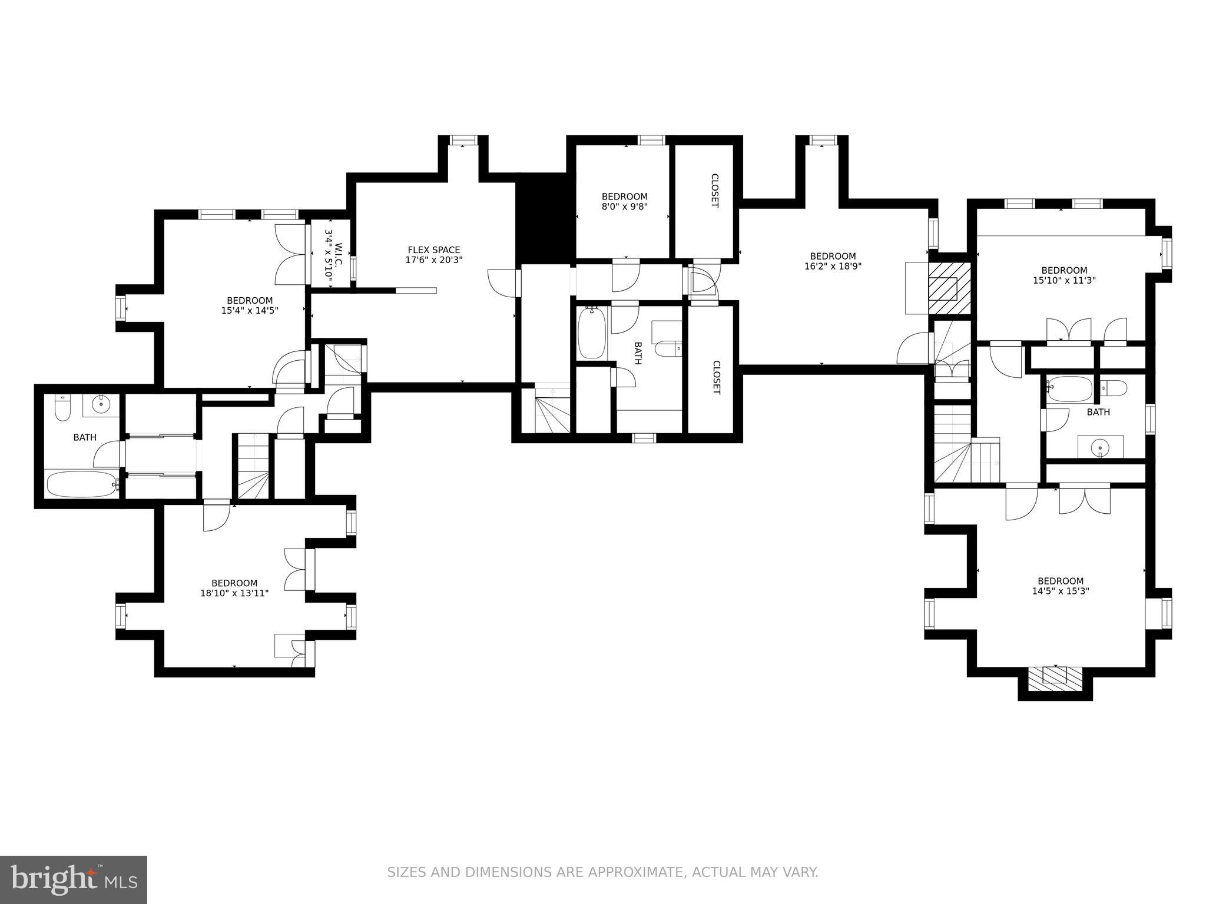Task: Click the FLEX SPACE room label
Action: click(434, 250)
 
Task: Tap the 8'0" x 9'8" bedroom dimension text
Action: click(624, 207)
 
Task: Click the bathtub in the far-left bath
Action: click(82, 484)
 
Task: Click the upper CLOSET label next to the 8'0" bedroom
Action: click(714, 190)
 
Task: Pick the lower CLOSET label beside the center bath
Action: click(716, 377)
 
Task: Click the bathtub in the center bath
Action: click(592, 333)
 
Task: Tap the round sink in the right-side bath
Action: click(1100, 448)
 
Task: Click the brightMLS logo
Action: click(74, 879)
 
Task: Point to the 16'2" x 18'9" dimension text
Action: click(833, 266)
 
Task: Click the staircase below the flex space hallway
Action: click(552, 411)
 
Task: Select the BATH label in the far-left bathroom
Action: click(85, 437)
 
